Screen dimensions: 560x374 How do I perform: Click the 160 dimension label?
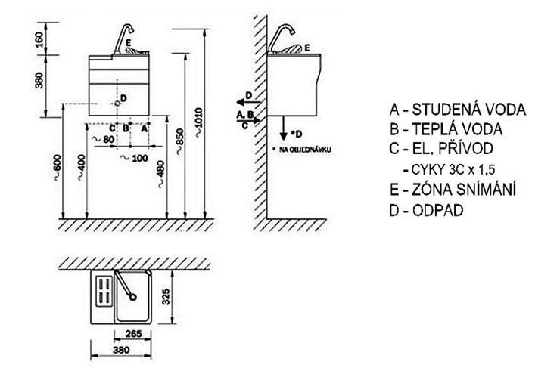pos(39,39)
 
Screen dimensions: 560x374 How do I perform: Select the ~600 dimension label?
pos(58,167)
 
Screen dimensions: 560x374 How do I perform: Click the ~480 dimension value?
pos(160,174)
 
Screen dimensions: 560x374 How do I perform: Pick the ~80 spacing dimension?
pos(102,139)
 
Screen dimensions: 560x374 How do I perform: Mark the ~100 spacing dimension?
pos(134,158)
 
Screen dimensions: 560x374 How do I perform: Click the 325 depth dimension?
pos(166,297)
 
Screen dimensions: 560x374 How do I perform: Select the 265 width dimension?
pos(133,334)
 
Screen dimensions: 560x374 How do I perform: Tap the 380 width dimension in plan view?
pos(121,350)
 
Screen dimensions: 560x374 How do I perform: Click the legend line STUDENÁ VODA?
pos(458,109)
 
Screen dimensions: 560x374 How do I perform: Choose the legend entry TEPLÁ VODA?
pos(446,129)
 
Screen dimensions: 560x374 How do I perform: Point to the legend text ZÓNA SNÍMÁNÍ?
pos(453,190)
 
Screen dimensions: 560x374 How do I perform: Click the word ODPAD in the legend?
pos(438,210)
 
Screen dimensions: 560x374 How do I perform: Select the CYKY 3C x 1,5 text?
pos(453,169)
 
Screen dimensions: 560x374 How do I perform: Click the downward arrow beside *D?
pos(283,128)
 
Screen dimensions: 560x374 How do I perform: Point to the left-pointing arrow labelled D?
pos(248,102)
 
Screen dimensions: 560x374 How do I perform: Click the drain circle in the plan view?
pos(133,297)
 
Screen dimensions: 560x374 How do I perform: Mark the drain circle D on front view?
pos(117,104)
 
